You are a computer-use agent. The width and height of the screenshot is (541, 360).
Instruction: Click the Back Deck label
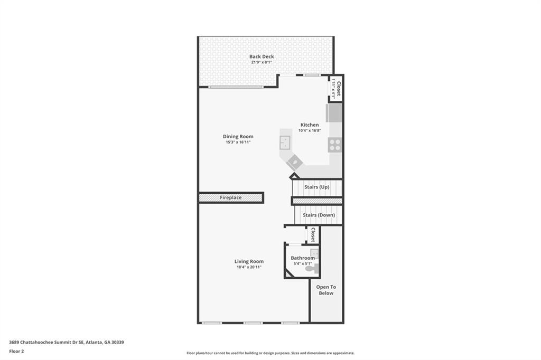tap(262, 56)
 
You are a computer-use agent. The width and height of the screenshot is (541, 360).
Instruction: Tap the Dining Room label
tap(238, 136)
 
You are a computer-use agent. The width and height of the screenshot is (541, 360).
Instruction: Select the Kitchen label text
tap(310, 125)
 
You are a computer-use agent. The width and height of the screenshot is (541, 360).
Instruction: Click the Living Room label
tap(249, 261)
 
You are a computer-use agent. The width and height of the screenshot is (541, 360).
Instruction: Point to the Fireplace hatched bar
tap(231, 197)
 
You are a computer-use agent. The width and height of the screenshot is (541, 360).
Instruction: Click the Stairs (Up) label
tap(316, 187)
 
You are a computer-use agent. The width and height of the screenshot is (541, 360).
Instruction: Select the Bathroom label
tap(302, 258)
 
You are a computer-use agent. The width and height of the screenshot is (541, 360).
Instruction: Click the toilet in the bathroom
tap(312, 269)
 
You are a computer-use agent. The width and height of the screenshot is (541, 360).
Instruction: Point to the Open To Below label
tap(326, 290)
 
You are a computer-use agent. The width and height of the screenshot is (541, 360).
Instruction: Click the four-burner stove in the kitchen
tap(334, 145)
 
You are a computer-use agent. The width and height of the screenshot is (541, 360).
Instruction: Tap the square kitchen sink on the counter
tap(285, 142)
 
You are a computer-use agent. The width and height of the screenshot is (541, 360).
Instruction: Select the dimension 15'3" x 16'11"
tap(238, 142)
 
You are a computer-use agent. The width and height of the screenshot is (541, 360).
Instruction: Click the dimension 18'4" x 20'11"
tap(249, 267)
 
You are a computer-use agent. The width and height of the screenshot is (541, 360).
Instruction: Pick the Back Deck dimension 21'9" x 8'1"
tap(262, 62)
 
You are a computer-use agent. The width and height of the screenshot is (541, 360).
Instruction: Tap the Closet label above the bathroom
tap(313, 235)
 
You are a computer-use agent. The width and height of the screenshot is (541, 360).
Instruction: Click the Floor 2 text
tap(16, 351)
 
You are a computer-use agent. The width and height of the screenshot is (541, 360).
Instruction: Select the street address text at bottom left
tap(66, 342)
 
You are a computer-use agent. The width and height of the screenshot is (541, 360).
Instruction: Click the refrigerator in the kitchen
tap(334, 113)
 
